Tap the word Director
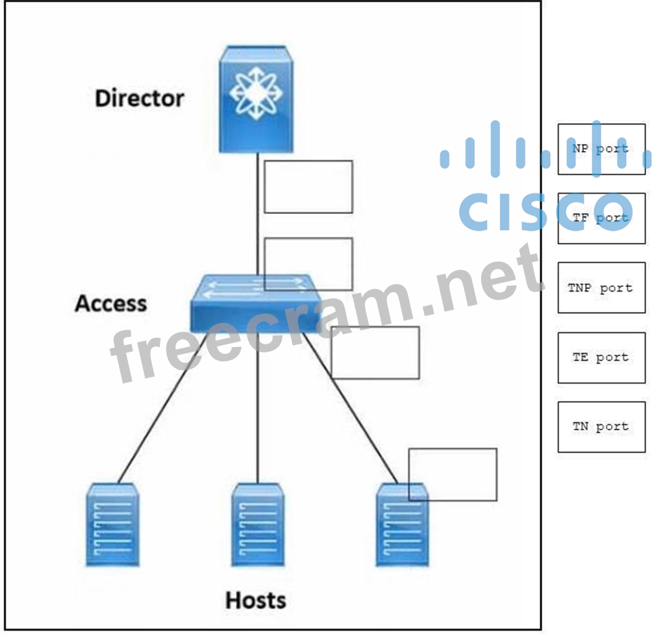pos(139,98)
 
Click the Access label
pos(110,303)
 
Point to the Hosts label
pos(255,599)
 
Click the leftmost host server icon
pos(112,525)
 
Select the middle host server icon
pos(257,525)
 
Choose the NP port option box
pos(601,149)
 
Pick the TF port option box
pos(601,218)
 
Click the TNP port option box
pos(601,288)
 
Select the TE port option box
pos(601,357)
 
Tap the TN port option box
pos(601,426)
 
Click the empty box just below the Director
pos(308,186)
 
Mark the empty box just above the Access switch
pos(308,263)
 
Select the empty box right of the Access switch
pos(375,352)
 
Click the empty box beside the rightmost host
pos(452,474)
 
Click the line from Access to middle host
pos(257,406)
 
